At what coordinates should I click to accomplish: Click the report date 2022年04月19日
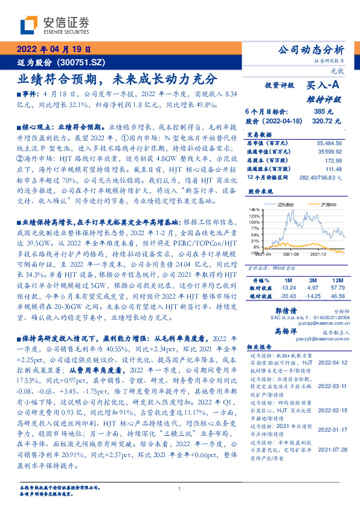coord(53,50)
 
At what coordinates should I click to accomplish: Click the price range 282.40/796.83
coord(318,179)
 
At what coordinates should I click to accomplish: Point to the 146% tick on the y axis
coord(255,209)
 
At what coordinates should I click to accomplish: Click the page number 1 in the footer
coord(179,488)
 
